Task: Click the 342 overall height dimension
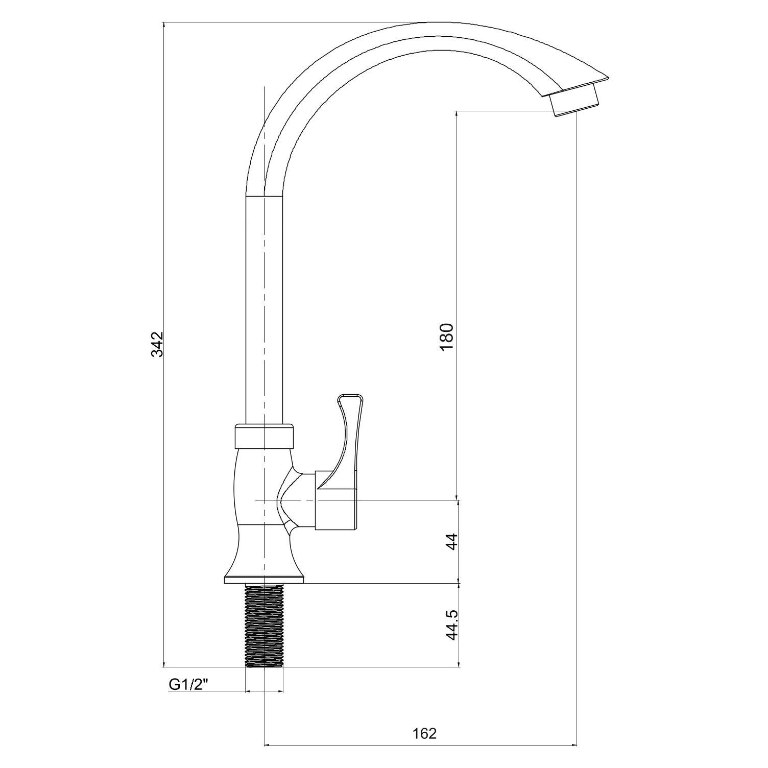click(x=157, y=344)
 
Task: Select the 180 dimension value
click(x=446, y=337)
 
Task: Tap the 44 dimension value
click(x=452, y=542)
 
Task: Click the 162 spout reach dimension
click(x=425, y=734)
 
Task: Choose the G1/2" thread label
click(x=189, y=684)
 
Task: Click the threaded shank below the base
click(x=264, y=626)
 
